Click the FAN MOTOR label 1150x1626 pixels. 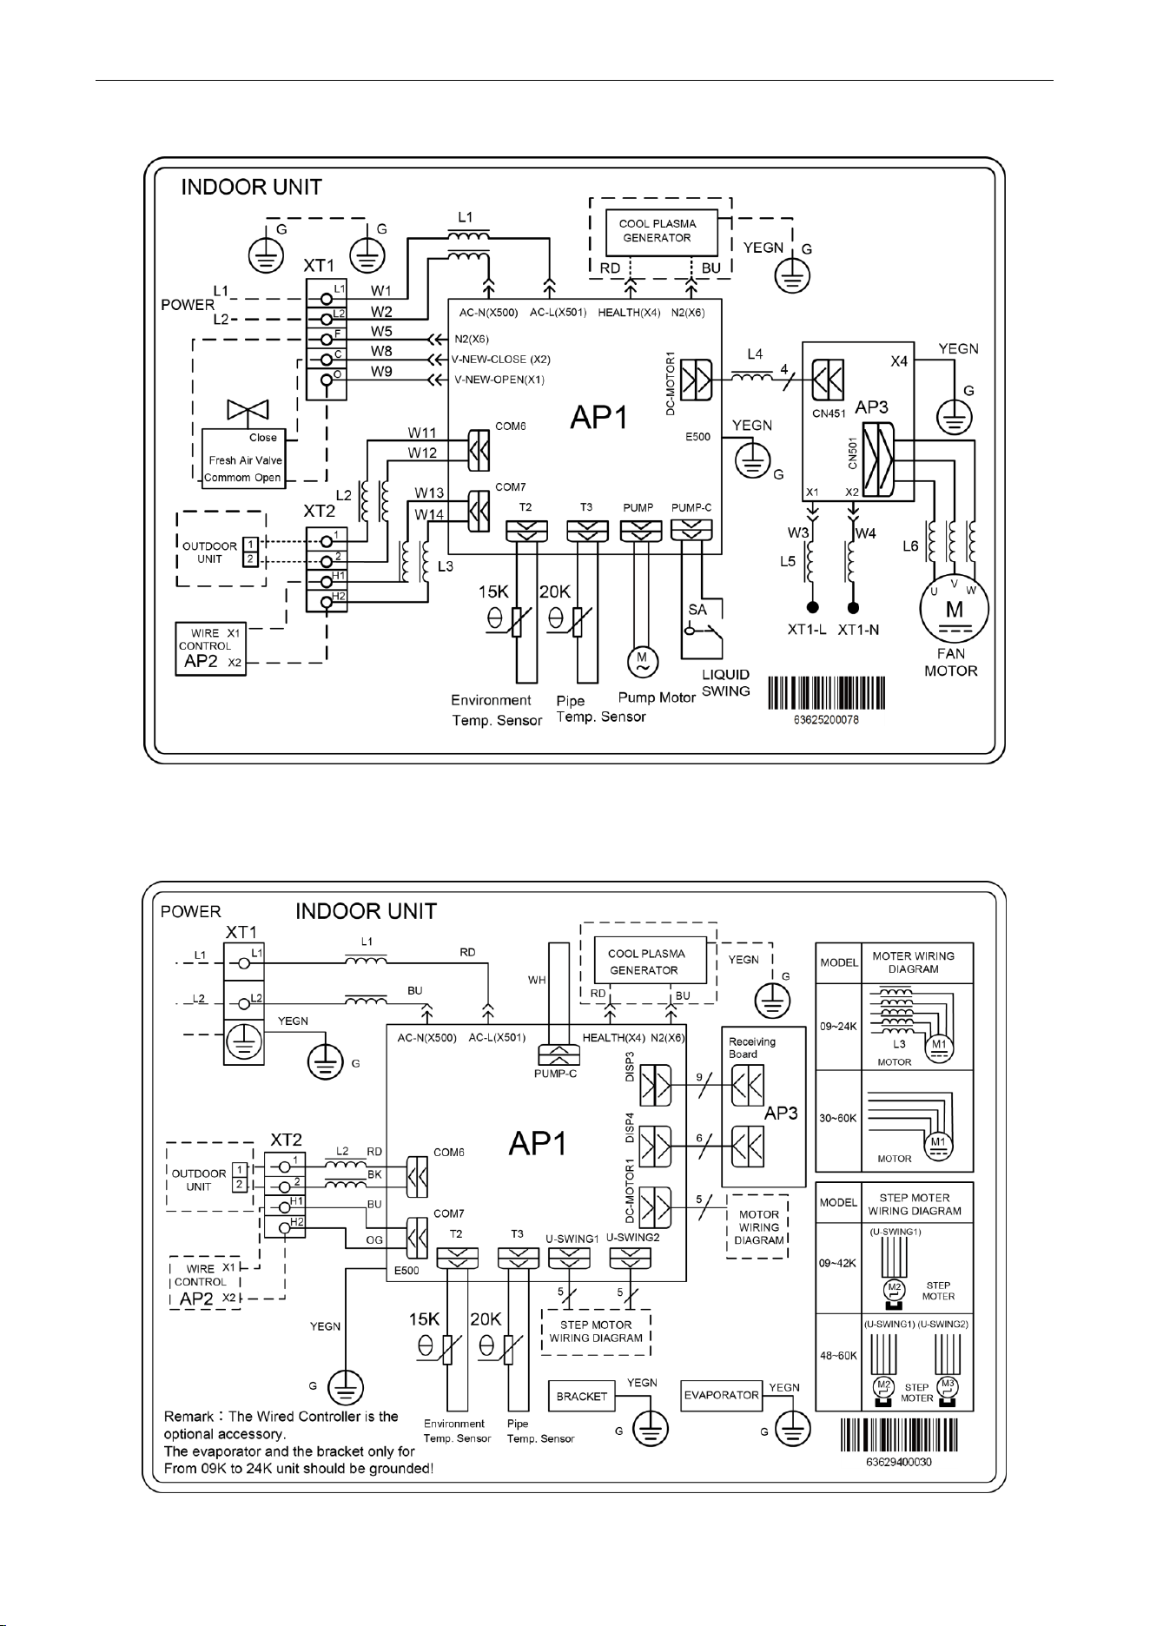click(950, 662)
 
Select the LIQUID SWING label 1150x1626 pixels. click(726, 683)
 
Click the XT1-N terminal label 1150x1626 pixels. click(858, 630)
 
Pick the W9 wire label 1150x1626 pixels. click(381, 371)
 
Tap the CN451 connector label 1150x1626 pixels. click(829, 414)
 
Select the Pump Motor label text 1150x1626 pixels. click(657, 697)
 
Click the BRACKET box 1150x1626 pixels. click(581, 1397)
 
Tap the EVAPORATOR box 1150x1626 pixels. click(722, 1396)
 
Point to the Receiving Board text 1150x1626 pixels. click(753, 1048)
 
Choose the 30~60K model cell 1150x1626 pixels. click(838, 1118)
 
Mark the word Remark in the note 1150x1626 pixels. click(188, 1417)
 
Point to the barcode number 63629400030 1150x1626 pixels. click(899, 1462)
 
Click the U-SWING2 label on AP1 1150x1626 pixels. click(633, 1237)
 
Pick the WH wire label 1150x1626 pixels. click(538, 980)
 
